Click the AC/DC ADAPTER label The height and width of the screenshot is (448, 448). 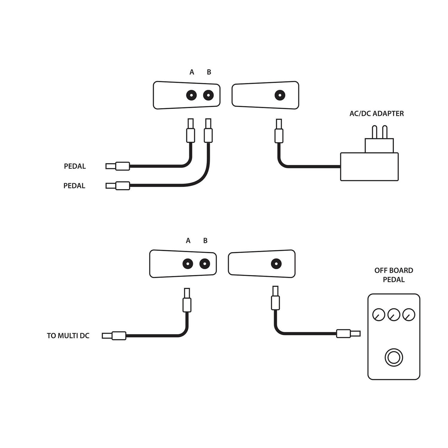[376, 113]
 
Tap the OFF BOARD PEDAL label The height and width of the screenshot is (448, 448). [394, 275]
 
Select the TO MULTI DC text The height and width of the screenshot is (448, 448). [68, 336]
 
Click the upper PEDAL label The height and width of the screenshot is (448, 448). [75, 166]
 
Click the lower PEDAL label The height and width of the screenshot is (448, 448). [74, 186]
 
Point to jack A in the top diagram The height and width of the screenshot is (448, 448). [191, 95]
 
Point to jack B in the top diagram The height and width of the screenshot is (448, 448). [208, 95]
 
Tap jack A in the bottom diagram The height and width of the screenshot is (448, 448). [188, 264]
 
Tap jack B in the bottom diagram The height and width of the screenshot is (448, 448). [205, 264]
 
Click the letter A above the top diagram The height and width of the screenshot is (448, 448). [192, 72]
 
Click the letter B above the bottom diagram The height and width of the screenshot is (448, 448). [205, 240]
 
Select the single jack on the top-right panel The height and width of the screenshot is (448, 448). [280, 95]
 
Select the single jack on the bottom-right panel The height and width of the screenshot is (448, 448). [276, 264]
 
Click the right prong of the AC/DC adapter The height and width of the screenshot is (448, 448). [385, 132]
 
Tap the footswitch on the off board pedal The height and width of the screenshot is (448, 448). [394, 358]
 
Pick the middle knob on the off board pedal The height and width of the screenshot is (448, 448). [394, 314]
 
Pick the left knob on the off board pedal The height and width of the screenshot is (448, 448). [379, 314]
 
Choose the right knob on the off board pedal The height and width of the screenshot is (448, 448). [409, 314]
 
